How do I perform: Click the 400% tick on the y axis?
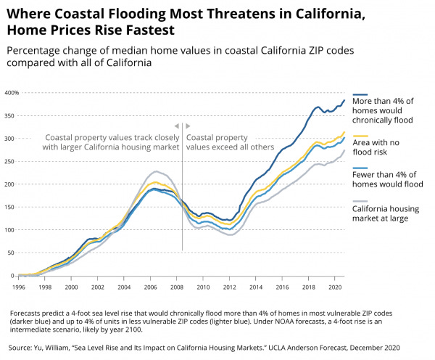(x=11, y=93)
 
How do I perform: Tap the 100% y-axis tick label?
(x=11, y=230)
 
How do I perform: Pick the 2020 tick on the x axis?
(x=335, y=287)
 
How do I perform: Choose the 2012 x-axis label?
(x=230, y=287)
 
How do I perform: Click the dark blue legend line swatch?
(x=360, y=94)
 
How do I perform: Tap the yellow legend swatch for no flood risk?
(x=360, y=135)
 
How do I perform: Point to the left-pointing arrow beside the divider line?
(x=175, y=125)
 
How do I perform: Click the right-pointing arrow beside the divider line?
(x=188, y=125)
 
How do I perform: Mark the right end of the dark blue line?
(x=344, y=100)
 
